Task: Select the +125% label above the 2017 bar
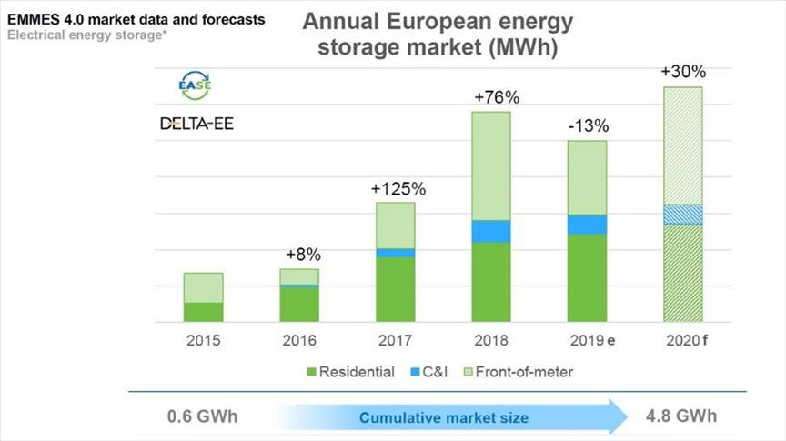point(397,189)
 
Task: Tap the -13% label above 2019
point(587,126)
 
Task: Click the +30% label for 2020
point(682,72)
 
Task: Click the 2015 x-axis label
point(204,341)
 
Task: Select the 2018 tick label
point(491,341)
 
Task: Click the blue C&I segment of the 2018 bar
point(491,231)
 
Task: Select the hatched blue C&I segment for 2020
point(682,214)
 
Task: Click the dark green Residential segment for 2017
point(396,289)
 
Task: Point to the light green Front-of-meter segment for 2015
point(204,287)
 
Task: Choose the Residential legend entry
point(351,372)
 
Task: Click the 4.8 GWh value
point(680,416)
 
